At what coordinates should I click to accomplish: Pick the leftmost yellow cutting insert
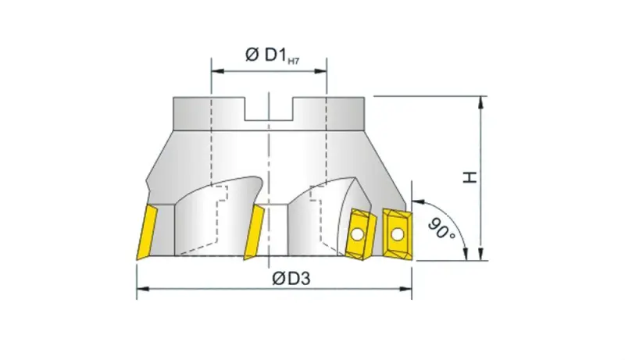(145, 232)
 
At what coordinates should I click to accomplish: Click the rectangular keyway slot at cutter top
(269, 109)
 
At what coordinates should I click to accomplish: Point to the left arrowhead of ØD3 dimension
(141, 291)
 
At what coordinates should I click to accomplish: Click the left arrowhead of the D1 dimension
(216, 71)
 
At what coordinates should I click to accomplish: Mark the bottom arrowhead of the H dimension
(483, 254)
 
